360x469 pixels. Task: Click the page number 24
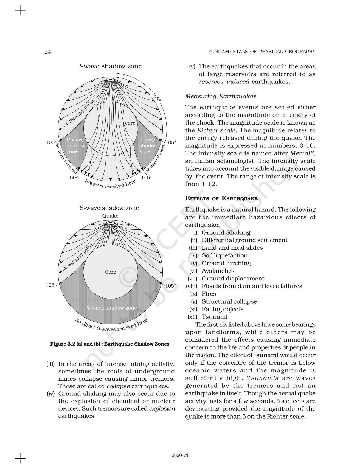coord(47,52)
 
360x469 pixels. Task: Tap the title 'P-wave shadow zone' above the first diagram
coord(109,66)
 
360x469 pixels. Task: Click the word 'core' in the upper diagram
coord(130,123)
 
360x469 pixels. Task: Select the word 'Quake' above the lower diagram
coord(110,216)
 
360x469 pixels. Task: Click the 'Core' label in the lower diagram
coord(110,272)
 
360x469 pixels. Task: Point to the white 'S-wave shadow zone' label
coord(111,308)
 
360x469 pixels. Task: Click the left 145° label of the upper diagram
coord(74,178)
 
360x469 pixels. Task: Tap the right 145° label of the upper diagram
coord(146,178)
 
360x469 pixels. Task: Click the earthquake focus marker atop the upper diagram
coord(111,80)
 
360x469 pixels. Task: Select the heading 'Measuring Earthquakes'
coord(221,96)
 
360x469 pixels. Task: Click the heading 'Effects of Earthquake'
coord(221,198)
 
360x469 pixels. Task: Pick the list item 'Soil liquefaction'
coord(225,255)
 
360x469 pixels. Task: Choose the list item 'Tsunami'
coord(215,317)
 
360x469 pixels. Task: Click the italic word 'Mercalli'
coord(302,153)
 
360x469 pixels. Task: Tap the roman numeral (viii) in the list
coord(192,286)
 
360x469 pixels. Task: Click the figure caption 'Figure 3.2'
coord(109,344)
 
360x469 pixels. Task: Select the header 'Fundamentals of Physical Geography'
coord(261,52)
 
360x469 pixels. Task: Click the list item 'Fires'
coord(209,294)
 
